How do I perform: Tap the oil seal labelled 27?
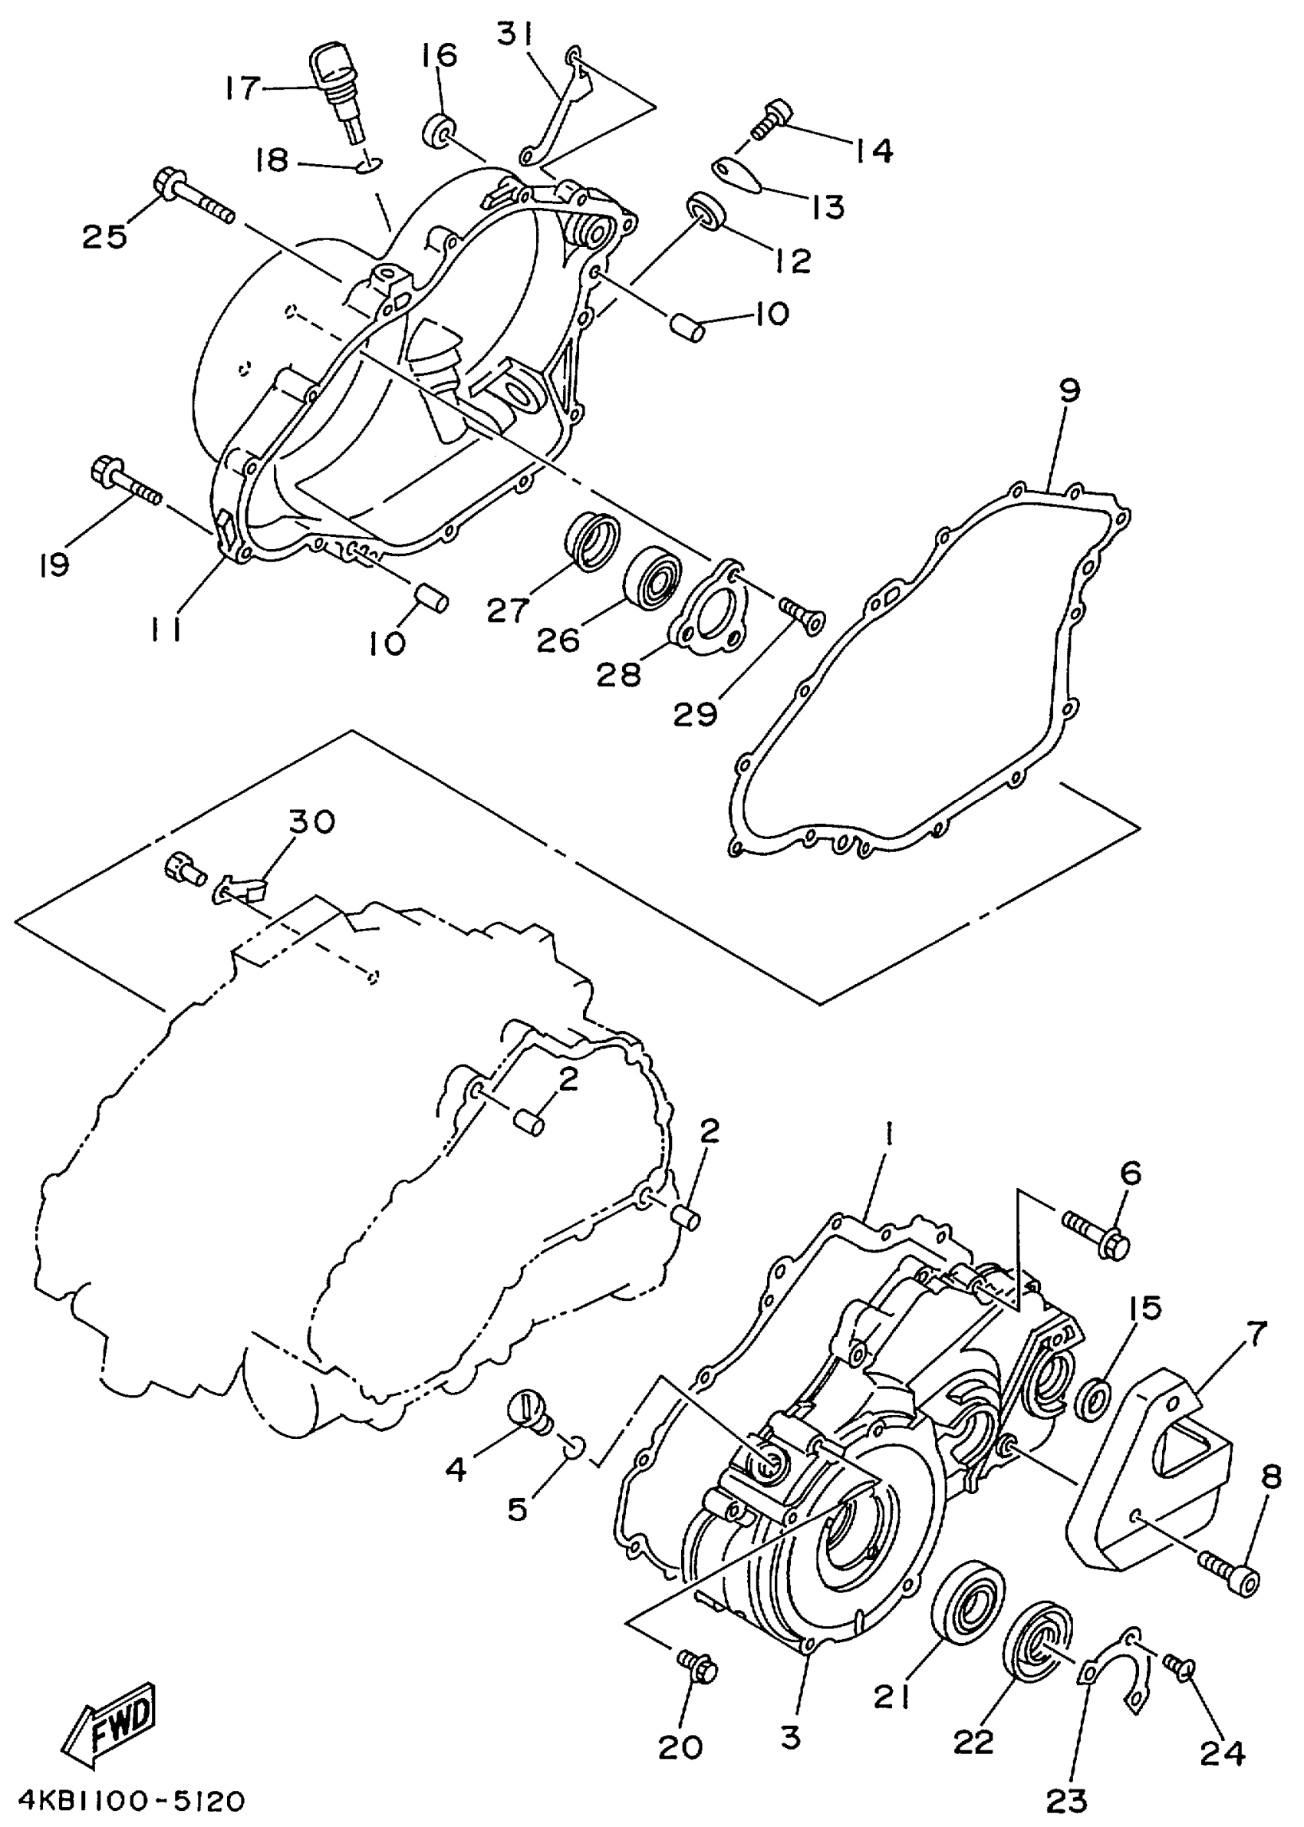(x=593, y=534)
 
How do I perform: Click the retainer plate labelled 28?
(x=715, y=617)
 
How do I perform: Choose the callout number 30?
(x=311, y=821)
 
